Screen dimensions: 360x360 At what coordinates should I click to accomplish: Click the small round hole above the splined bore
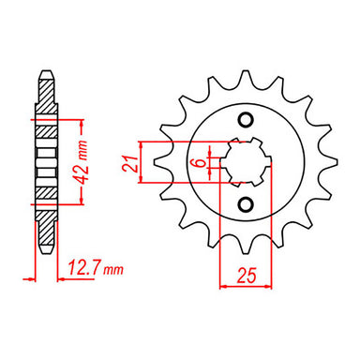(x=246, y=119)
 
